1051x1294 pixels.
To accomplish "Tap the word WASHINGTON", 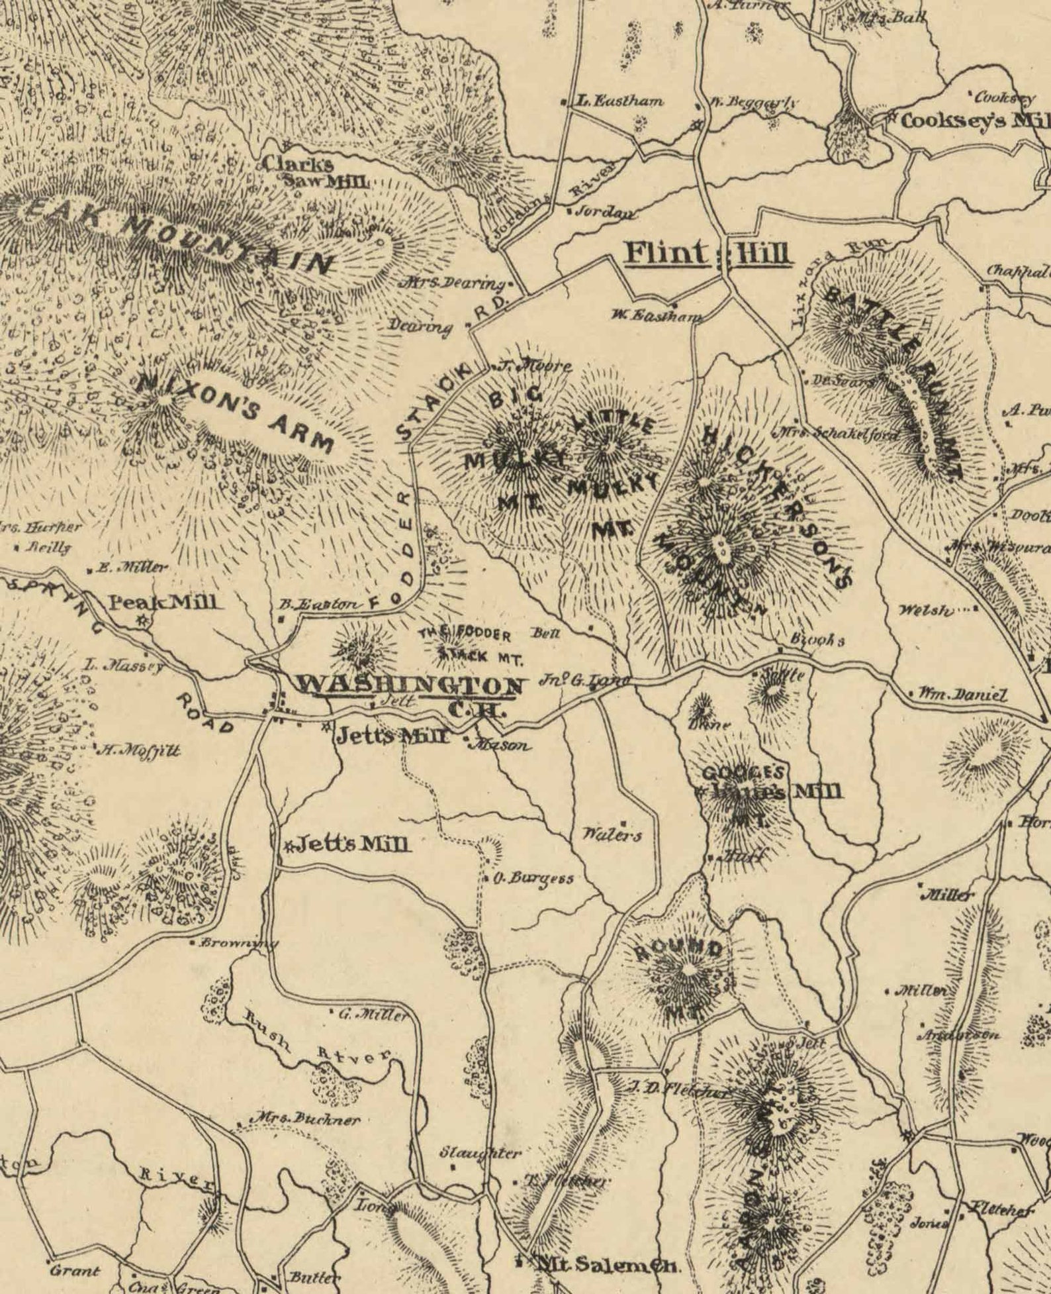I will pyautogui.click(x=410, y=684).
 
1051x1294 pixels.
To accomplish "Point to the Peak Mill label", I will pyautogui.click(x=162, y=602).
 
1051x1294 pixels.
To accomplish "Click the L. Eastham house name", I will pyautogui.click(x=619, y=101).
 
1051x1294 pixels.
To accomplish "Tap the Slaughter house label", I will pyautogui.click(x=480, y=1152).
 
